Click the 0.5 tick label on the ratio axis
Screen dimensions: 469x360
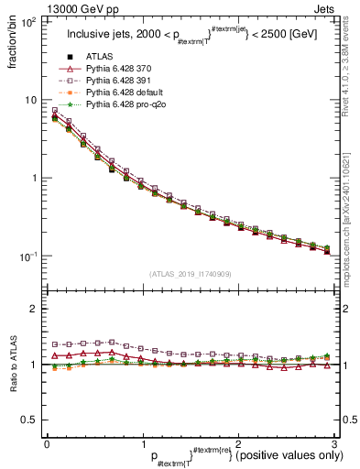point(27,420)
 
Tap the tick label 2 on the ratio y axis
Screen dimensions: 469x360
point(33,309)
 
